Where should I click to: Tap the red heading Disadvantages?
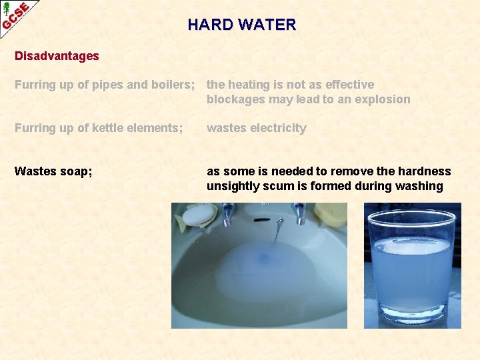(x=57, y=56)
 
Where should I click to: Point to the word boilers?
(x=172, y=85)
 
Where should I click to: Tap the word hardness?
(x=424, y=171)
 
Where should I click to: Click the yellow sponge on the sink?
(x=331, y=213)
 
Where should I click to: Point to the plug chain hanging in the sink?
(x=275, y=230)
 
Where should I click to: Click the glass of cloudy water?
(x=411, y=267)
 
